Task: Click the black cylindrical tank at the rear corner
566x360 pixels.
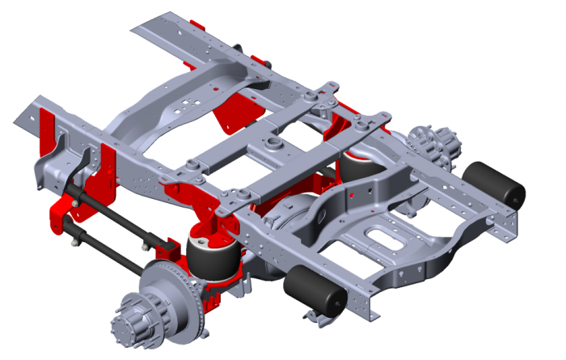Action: (494, 185)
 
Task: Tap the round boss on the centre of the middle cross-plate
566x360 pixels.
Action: (272, 145)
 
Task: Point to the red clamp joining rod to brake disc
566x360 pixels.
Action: (166, 246)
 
